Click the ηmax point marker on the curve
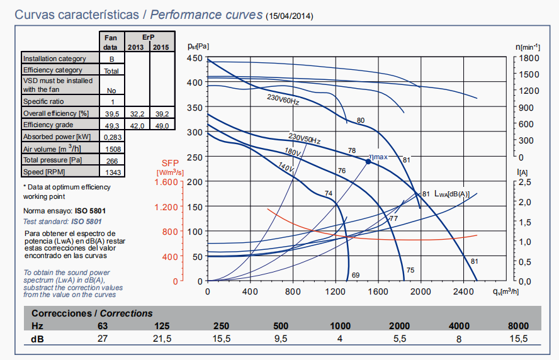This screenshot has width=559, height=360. click(368, 162)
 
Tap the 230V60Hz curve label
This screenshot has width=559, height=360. click(283, 99)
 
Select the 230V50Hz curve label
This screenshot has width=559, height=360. click(305, 138)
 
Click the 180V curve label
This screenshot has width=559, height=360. click(293, 152)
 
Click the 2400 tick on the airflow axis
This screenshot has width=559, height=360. click(463, 291)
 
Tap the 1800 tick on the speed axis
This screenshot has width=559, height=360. click(528, 58)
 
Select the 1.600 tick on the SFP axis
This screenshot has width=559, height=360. click(165, 182)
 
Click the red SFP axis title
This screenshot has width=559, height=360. click(171, 167)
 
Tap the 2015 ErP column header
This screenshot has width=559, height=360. click(161, 47)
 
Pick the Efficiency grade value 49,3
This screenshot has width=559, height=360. click(111, 125)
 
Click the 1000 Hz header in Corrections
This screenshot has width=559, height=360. click(340, 325)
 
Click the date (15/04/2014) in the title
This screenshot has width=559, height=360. click(290, 15)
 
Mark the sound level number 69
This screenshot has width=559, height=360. click(355, 275)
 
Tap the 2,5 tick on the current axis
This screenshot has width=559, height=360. click(528, 182)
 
